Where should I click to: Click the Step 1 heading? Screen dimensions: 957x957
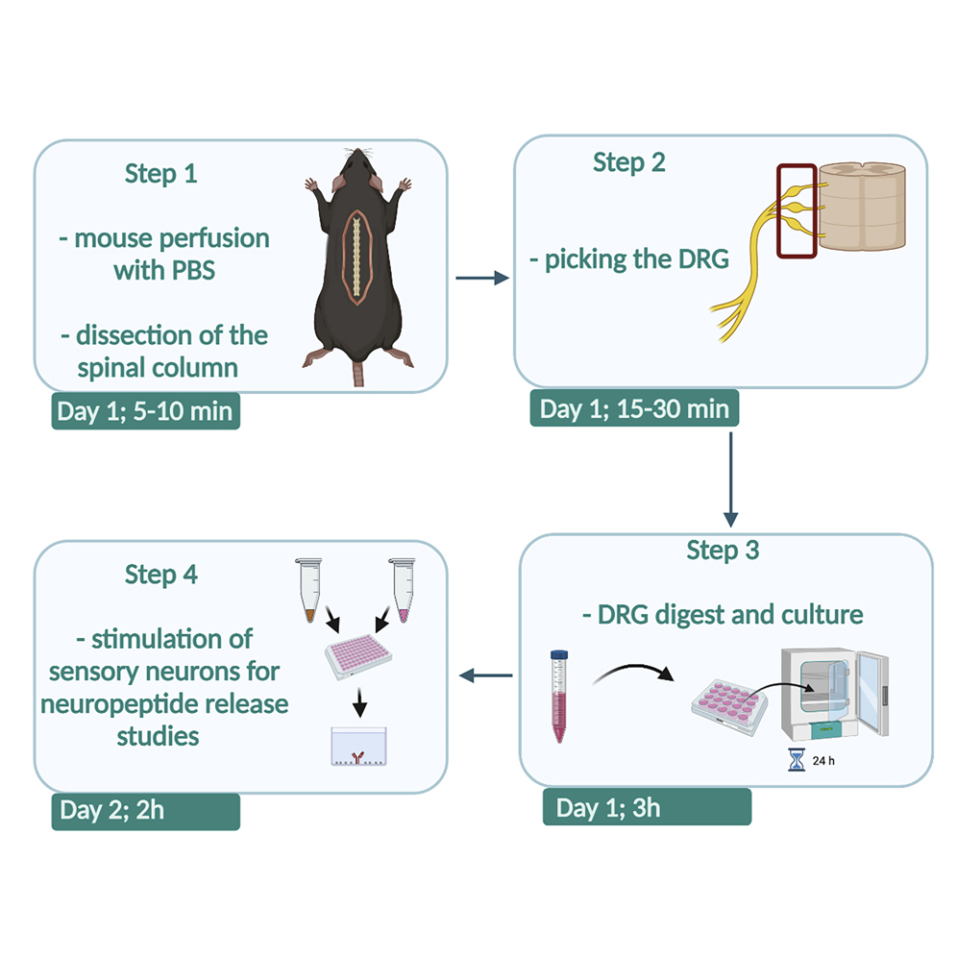click(x=164, y=174)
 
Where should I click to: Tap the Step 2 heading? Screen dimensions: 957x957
click(x=628, y=162)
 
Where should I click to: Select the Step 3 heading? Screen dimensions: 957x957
click(x=723, y=551)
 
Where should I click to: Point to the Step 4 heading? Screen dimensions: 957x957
click(x=161, y=575)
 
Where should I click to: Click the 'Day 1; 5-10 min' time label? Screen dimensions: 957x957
click(x=144, y=410)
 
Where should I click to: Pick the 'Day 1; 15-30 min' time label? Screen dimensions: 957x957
click(x=634, y=408)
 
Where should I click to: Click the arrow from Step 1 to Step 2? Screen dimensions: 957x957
click(x=480, y=279)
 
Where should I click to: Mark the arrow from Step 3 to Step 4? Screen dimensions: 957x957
click(x=486, y=676)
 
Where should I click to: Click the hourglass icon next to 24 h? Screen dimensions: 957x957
click(x=794, y=760)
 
